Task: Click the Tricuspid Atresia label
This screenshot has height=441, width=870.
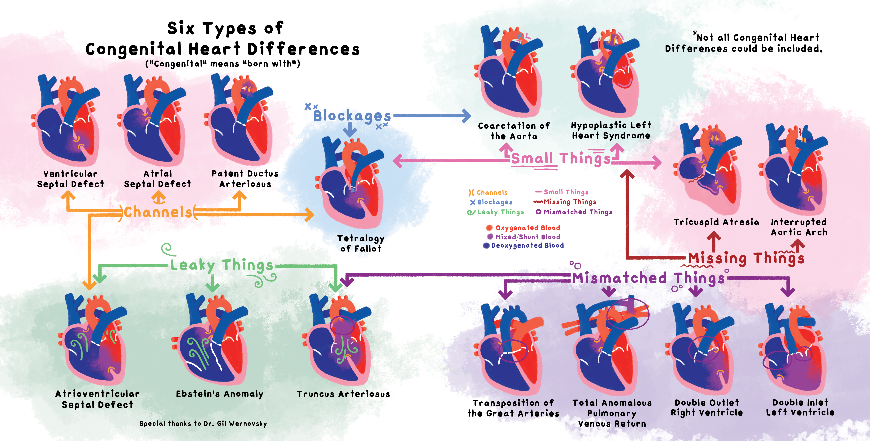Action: (716, 222)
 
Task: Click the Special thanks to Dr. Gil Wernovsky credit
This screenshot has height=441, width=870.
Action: (203, 424)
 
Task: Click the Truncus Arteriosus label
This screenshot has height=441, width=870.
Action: (343, 394)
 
